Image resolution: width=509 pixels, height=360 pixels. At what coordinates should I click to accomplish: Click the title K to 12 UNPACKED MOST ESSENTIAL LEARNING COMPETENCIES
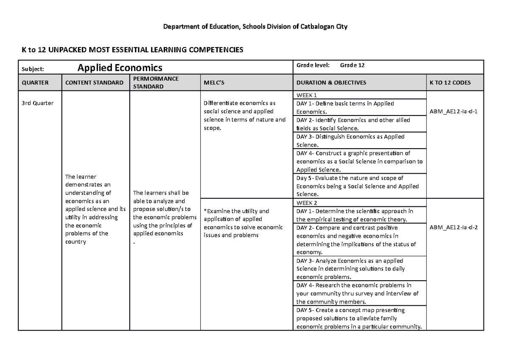click(132, 50)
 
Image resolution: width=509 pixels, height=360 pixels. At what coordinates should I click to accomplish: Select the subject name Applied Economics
click(120, 67)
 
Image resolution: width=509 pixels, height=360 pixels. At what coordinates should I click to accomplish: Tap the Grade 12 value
click(352, 65)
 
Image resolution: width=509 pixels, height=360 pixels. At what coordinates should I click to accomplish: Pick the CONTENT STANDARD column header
click(94, 83)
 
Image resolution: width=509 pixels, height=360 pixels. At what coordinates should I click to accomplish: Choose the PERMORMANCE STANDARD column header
click(156, 83)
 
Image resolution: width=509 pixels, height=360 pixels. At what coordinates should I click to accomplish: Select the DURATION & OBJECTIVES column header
click(331, 83)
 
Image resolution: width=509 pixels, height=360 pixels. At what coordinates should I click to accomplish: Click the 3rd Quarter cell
click(37, 103)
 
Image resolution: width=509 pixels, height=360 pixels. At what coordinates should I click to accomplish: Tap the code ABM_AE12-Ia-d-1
click(453, 112)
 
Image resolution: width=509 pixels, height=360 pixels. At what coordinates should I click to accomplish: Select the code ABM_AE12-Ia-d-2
click(453, 228)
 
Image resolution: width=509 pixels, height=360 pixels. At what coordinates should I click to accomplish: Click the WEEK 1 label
click(307, 95)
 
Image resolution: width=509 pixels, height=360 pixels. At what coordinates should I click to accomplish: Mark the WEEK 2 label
click(307, 202)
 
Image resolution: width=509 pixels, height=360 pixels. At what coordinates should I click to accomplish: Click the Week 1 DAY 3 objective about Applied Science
click(350, 141)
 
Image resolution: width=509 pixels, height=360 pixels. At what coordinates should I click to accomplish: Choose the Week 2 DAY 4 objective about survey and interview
click(357, 293)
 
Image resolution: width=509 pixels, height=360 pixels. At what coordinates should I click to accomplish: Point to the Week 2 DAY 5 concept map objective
click(358, 318)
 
